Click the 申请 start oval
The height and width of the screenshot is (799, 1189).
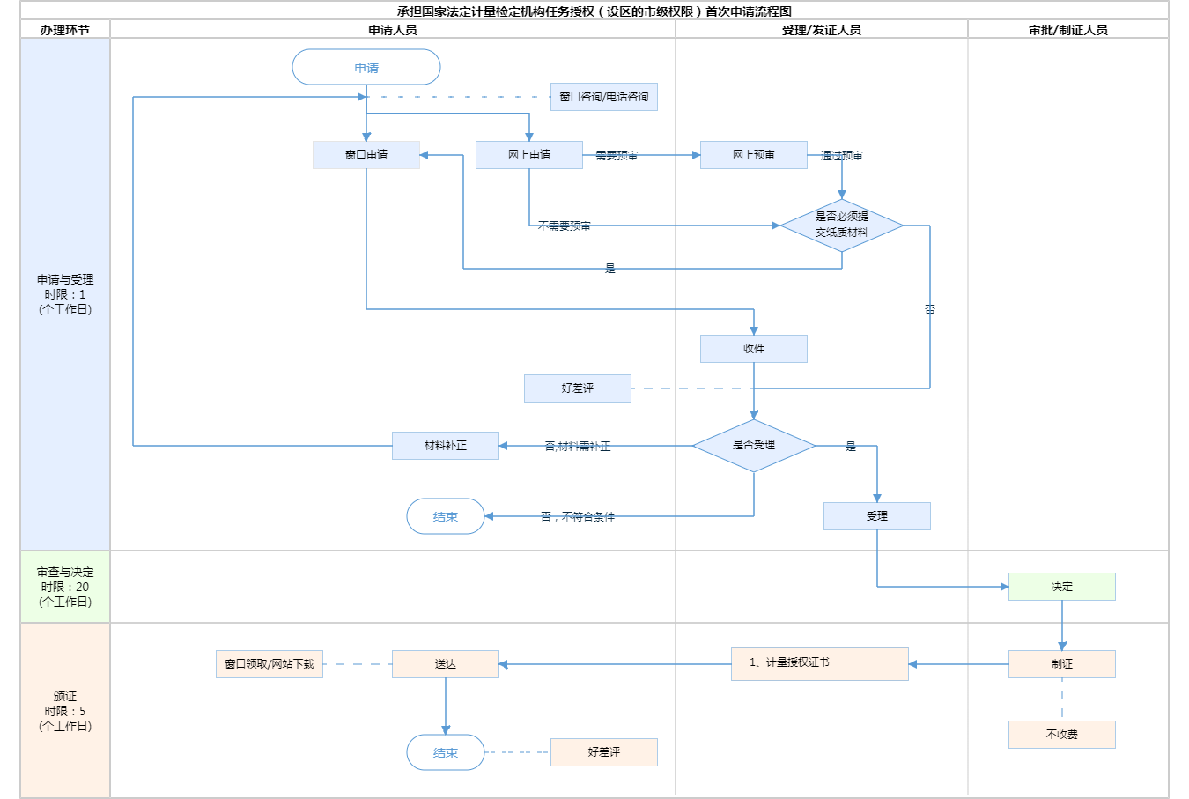tap(366, 68)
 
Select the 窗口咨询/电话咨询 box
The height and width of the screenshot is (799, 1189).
tap(604, 97)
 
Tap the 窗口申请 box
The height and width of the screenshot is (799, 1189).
tap(366, 155)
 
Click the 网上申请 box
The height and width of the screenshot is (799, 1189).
tap(529, 155)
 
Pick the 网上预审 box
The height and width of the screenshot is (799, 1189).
tap(754, 155)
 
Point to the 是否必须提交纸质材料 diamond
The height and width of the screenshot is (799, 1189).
tap(842, 226)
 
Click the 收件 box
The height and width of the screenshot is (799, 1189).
tap(754, 349)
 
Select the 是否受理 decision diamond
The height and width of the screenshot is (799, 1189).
tap(754, 446)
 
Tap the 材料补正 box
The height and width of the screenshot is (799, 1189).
tap(446, 446)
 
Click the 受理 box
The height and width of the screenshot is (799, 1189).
tap(877, 516)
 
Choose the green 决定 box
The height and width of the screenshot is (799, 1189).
tap(1062, 587)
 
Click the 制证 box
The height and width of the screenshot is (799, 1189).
tap(1062, 664)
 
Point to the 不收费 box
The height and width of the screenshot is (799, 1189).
tap(1062, 735)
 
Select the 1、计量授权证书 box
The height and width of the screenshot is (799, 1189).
tap(820, 664)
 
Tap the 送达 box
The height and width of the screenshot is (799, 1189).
tap(446, 664)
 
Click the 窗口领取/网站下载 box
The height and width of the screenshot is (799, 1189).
tap(270, 664)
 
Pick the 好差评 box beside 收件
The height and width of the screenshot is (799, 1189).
tap(578, 388)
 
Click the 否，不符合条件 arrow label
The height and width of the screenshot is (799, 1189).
tap(578, 516)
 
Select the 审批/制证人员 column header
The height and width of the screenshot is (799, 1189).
tap(1068, 30)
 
